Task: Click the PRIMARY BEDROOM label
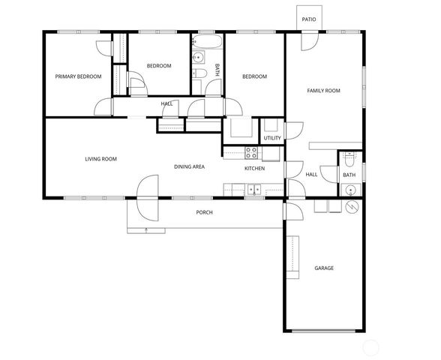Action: [x=79, y=76]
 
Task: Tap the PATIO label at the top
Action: [x=308, y=19]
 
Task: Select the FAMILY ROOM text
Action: [x=323, y=91]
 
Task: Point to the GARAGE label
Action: [x=324, y=268]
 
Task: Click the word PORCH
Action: [x=204, y=213]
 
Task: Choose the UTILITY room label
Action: [x=272, y=138]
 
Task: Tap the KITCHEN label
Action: [x=255, y=168]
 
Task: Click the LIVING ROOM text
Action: [x=100, y=158]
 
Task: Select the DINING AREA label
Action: [x=190, y=166]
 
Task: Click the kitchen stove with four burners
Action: [x=252, y=153]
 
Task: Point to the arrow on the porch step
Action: [x=146, y=229]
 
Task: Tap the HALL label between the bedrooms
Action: [x=166, y=103]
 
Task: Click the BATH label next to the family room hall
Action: [x=349, y=175]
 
